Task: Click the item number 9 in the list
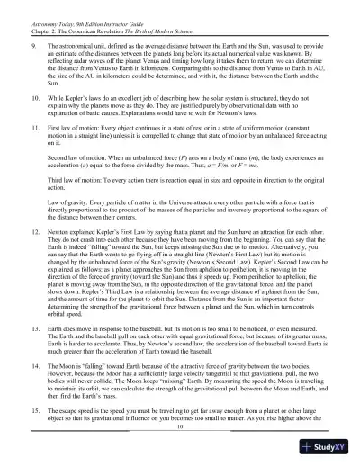(x=33, y=44)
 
